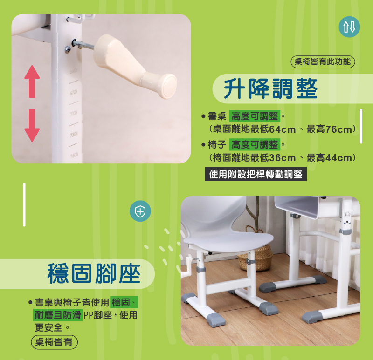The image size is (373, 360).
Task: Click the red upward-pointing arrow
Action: (32, 82)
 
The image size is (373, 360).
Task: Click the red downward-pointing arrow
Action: (32, 125)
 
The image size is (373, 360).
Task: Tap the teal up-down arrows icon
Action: (349, 27)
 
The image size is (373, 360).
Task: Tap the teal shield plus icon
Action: (140, 211)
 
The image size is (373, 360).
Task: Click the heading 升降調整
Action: (271, 88)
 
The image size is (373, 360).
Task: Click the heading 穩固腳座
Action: (94, 273)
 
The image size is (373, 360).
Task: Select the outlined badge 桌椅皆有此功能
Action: (323, 61)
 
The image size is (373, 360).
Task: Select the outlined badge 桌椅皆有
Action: (54, 342)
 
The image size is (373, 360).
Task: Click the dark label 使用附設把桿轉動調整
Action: (256, 174)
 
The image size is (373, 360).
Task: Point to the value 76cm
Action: (339, 129)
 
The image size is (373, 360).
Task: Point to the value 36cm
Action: (283, 158)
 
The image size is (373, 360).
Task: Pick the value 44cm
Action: (339, 158)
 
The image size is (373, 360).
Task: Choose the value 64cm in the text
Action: (283, 129)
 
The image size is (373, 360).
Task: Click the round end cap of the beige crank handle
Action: (169, 86)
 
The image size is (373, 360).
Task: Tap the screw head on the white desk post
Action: (68, 49)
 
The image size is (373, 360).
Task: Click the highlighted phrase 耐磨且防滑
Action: (57, 315)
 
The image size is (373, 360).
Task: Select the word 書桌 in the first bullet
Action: (217, 116)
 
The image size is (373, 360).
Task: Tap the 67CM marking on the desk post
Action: (74, 93)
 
